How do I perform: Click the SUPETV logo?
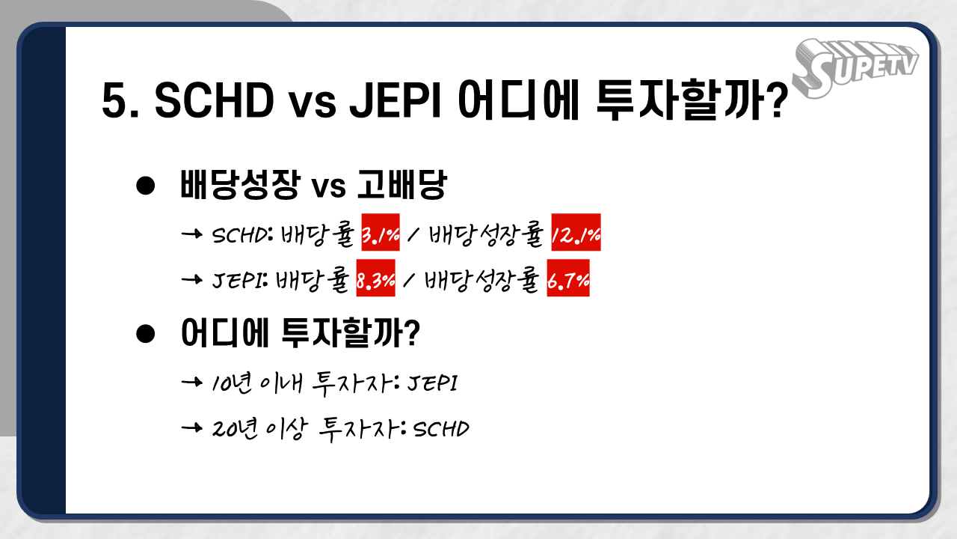(854, 67)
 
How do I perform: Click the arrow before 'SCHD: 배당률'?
(193, 234)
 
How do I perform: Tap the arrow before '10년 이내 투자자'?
(193, 383)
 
